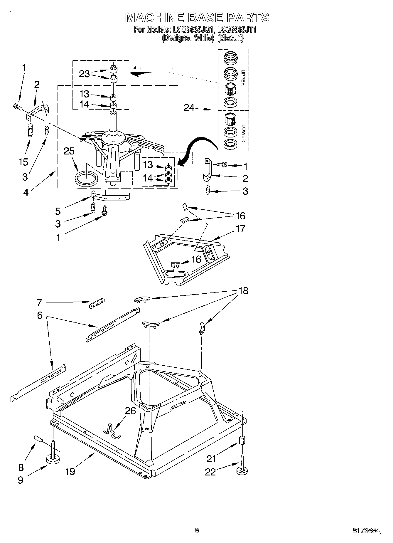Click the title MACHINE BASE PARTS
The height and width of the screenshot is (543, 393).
(197, 18)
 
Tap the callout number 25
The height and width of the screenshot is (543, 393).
(69, 151)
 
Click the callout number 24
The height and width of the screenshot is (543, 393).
(189, 108)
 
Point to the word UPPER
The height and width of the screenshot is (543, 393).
(243, 78)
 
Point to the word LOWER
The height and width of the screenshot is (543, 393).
(243, 133)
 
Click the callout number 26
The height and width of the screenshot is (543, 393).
(130, 411)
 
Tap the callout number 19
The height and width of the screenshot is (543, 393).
(70, 471)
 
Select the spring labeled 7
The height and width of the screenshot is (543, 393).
(96, 303)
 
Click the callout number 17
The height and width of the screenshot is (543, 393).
(240, 228)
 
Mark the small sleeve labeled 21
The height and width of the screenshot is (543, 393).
(242, 440)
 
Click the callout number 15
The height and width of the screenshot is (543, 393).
(23, 162)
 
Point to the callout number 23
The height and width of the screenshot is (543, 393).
(84, 74)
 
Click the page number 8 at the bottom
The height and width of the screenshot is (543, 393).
(197, 530)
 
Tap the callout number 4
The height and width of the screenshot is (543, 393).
(26, 192)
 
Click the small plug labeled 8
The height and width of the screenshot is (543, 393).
(39, 439)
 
